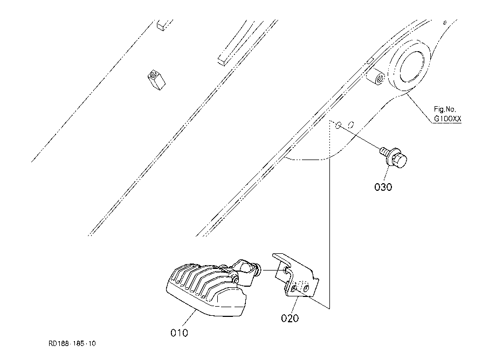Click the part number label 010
(179, 333)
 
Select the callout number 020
(290, 318)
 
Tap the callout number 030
(383, 187)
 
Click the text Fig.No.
(445, 109)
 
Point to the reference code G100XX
(447, 119)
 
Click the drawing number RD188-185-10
(72, 344)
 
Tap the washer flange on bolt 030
(391, 156)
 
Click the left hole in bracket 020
(294, 288)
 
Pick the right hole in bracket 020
(306, 288)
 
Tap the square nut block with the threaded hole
(156, 79)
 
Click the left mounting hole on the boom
(338, 125)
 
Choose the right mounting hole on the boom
(350, 124)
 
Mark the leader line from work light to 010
(189, 319)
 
